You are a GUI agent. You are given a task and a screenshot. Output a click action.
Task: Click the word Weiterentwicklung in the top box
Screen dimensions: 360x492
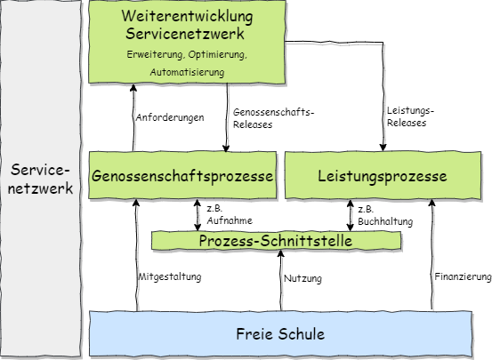188,17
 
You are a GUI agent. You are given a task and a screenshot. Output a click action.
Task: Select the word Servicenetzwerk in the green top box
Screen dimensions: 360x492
188,35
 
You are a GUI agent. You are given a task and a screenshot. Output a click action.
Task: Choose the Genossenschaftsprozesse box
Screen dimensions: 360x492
183,176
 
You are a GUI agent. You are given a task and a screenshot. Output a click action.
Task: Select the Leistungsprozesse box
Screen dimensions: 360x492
382,176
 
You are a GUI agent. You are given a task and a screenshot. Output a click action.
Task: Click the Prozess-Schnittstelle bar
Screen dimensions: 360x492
276,241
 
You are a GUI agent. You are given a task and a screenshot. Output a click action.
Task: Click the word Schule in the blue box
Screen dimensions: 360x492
301,334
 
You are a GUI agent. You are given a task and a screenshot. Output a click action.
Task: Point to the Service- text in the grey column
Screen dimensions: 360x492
40,170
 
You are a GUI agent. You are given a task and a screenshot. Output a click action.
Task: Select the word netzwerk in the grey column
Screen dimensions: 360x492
40,188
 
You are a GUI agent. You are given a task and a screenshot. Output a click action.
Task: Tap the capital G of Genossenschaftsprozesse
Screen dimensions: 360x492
97,176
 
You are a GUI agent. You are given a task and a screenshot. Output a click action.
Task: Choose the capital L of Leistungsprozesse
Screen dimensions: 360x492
321,176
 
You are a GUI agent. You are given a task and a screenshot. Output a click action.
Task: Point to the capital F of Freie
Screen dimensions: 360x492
240,334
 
